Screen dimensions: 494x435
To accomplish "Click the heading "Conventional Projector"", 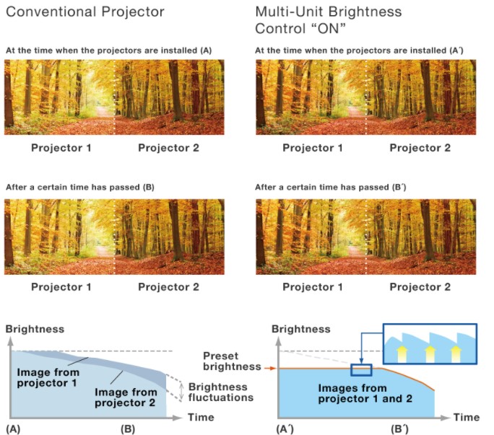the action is pyautogui.click(x=85, y=12).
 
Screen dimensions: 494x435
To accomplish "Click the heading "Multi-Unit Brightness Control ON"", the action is pyautogui.click(x=329, y=20).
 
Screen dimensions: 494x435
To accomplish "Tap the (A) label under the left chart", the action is pyautogui.click(x=13, y=429).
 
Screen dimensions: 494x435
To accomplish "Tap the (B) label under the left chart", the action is pyautogui.click(x=128, y=429).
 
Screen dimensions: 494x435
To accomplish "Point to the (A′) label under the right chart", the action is pyautogui.click(x=285, y=429).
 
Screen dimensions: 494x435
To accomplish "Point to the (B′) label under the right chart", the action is pyautogui.click(x=400, y=429).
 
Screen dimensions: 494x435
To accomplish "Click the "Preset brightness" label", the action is pyautogui.click(x=232, y=361).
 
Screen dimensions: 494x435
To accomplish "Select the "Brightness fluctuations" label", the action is pyautogui.click(x=220, y=392).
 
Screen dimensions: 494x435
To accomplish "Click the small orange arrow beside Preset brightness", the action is pyautogui.click(x=270, y=368).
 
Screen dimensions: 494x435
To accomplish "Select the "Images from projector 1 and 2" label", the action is pyautogui.click(x=365, y=393).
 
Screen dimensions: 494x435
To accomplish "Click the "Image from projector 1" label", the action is pyautogui.click(x=48, y=377).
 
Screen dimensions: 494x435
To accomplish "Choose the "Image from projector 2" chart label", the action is pyautogui.click(x=126, y=397).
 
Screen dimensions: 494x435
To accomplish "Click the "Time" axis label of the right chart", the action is pyautogui.click(x=467, y=418).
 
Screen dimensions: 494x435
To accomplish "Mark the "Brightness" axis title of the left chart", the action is pyautogui.click(x=35, y=329).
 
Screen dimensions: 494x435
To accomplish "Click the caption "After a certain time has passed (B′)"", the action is pyautogui.click(x=331, y=188).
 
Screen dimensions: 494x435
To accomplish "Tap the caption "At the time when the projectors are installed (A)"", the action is pyautogui.click(x=108, y=50).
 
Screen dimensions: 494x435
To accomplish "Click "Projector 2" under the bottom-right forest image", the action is pyautogui.click(x=420, y=286).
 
